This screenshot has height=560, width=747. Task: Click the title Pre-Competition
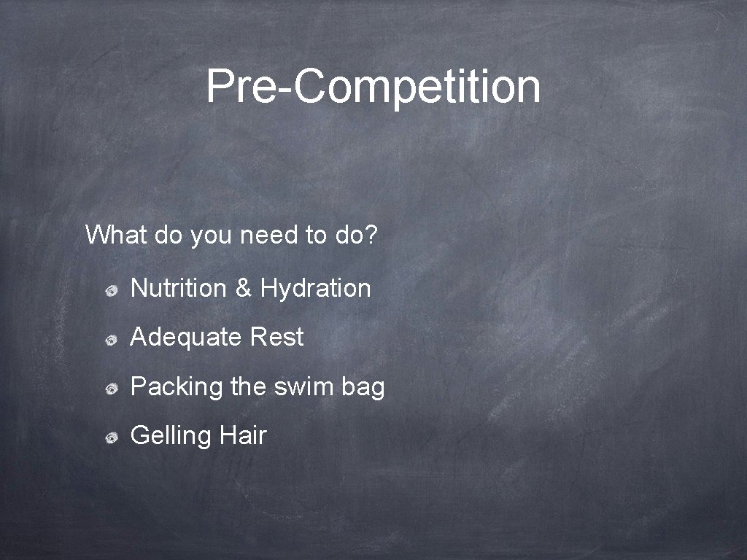tap(373, 87)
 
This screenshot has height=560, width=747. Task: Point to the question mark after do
tap(371, 235)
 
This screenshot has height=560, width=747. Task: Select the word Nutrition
tap(178, 288)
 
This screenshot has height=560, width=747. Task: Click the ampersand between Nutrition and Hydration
tap(243, 288)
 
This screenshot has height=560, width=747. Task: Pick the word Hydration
tap(315, 289)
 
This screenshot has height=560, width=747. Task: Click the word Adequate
tap(186, 338)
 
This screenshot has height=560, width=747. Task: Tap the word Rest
tap(276, 338)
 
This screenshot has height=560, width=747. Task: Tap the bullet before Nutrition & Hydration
tap(111, 291)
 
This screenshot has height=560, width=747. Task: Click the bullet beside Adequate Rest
tap(111, 340)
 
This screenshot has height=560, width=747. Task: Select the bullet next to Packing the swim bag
tap(111, 389)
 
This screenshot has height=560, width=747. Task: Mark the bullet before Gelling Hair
tap(111, 437)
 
